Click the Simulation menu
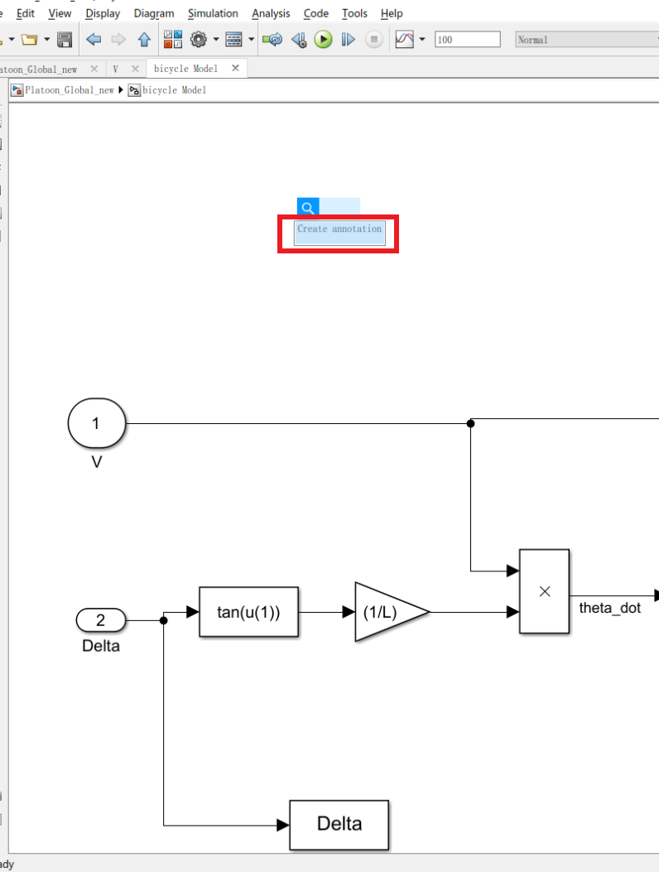[213, 13]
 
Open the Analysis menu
[271, 13]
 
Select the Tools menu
[354, 13]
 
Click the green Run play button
[323, 39]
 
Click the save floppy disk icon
[65, 39]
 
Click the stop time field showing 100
[467, 39]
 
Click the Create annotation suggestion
[339, 229]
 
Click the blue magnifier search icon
[307, 208]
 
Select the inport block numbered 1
[96, 424]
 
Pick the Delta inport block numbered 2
[101, 619]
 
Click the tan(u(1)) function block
[248, 612]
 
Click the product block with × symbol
[544, 591]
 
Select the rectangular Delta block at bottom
[339, 824]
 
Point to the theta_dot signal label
[609, 608]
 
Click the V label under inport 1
[96, 462]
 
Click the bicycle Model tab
[185, 69]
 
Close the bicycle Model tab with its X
[235, 69]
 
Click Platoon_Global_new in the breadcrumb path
[70, 90]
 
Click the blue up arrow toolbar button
[144, 39]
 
